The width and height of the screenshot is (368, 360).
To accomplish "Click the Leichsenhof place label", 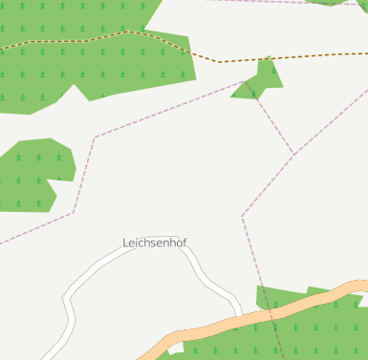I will tap(155, 244).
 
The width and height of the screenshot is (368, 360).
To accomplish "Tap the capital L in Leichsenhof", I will tap(126, 244).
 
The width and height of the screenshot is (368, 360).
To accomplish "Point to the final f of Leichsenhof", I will tap(184, 244).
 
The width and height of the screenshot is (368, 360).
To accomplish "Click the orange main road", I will tap(287, 311).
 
